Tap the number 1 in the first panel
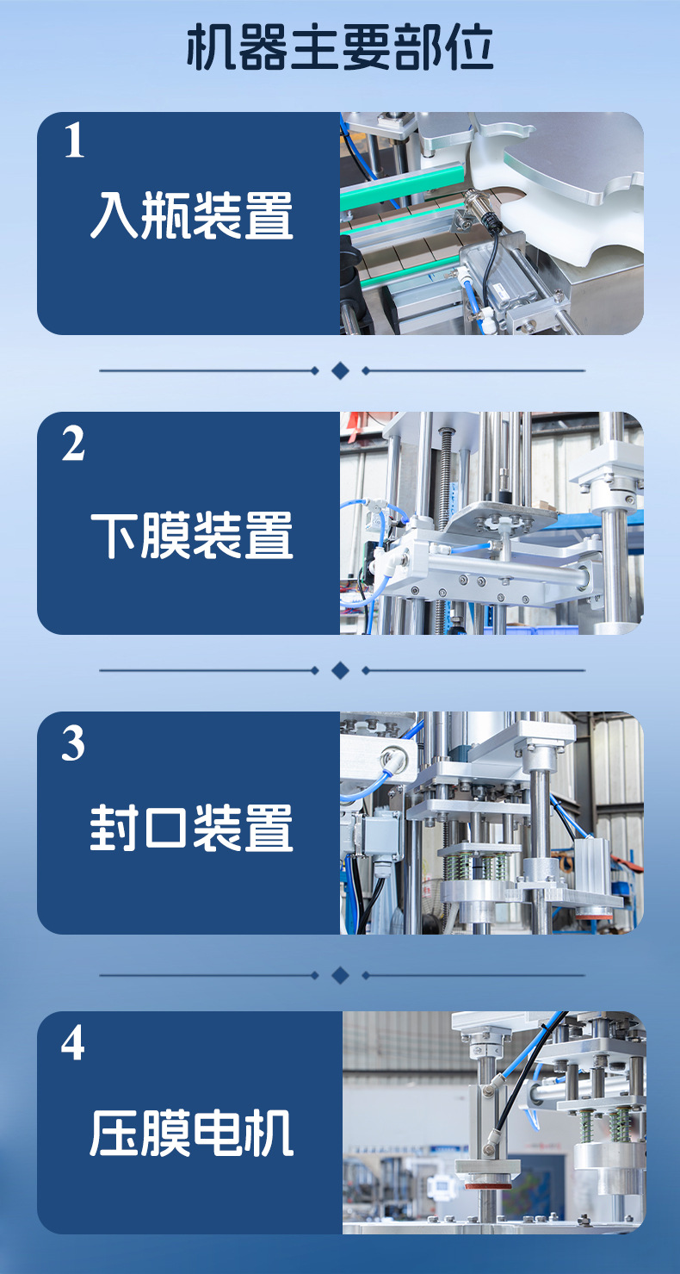(x=74, y=141)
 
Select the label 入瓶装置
(x=191, y=216)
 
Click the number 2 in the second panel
(x=73, y=444)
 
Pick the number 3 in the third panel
(x=73, y=743)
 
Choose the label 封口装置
(x=191, y=828)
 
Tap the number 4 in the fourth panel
(x=73, y=1043)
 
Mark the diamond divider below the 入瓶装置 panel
(x=340, y=370)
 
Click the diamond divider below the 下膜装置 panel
(x=340, y=670)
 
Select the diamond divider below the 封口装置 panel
(x=340, y=975)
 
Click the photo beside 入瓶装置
(x=491, y=223)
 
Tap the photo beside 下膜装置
(x=491, y=523)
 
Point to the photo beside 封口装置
(x=491, y=823)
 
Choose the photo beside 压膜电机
(x=493, y=1122)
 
